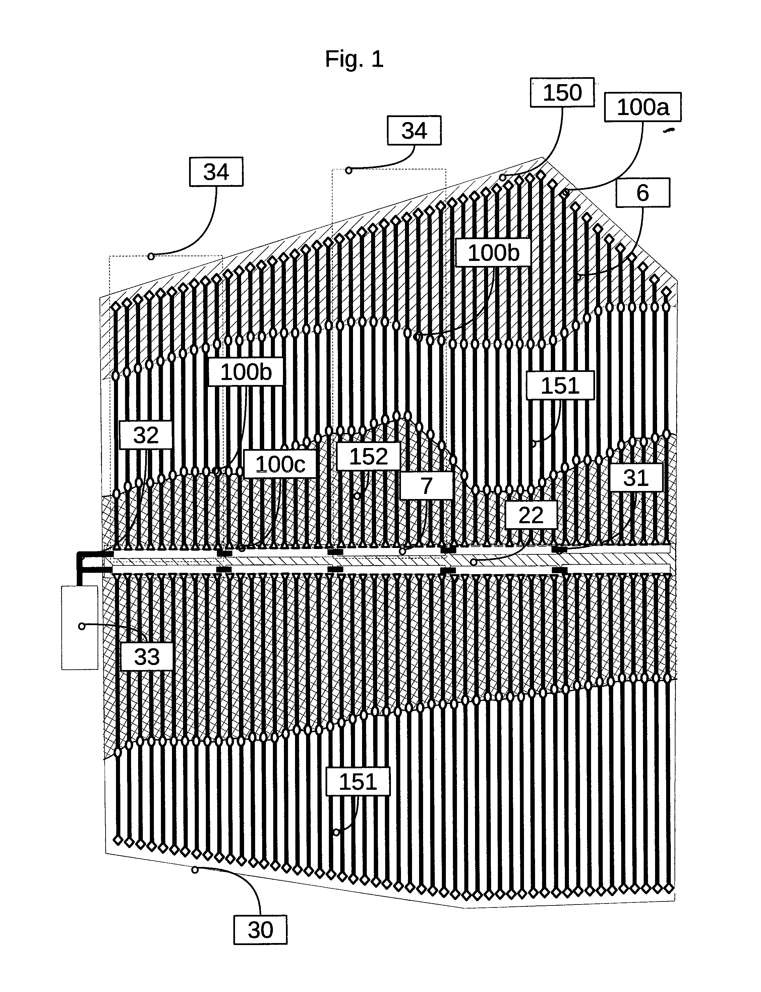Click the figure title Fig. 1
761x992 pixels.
click(x=354, y=59)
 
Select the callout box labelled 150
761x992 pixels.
click(x=562, y=93)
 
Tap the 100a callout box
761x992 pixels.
click(x=643, y=107)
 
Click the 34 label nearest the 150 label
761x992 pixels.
click(x=414, y=130)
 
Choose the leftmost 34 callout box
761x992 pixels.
click(x=216, y=172)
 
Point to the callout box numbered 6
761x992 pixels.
click(x=642, y=192)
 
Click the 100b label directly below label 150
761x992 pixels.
click(x=493, y=253)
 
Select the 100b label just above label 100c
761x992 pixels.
click(x=246, y=372)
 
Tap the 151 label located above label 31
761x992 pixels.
click(x=560, y=386)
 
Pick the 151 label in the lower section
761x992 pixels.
click(x=358, y=782)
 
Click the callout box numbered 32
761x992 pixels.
click(x=146, y=435)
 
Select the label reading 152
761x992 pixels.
click(x=368, y=456)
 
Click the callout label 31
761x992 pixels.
click(x=636, y=478)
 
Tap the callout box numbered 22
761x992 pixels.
click(x=531, y=515)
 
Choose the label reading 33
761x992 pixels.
click(x=147, y=657)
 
